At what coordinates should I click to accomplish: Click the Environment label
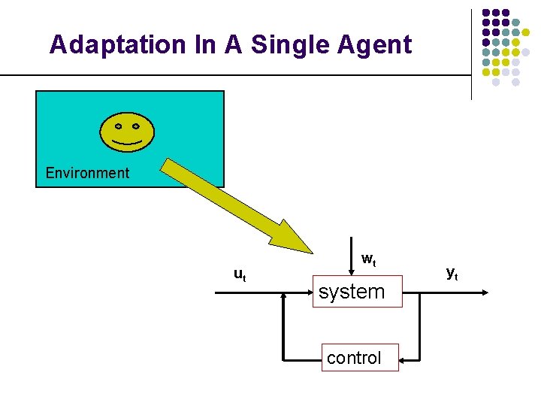click(x=87, y=173)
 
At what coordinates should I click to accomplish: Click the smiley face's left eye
click(x=119, y=126)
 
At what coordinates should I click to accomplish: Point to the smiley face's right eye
click(x=135, y=126)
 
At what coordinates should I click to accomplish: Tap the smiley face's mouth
click(x=127, y=142)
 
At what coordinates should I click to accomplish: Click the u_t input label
click(x=239, y=274)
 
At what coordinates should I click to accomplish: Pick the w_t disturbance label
click(x=368, y=260)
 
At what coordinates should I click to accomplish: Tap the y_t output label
click(x=452, y=273)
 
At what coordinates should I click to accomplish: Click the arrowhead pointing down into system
click(x=354, y=272)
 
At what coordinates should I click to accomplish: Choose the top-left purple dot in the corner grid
click(x=485, y=14)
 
